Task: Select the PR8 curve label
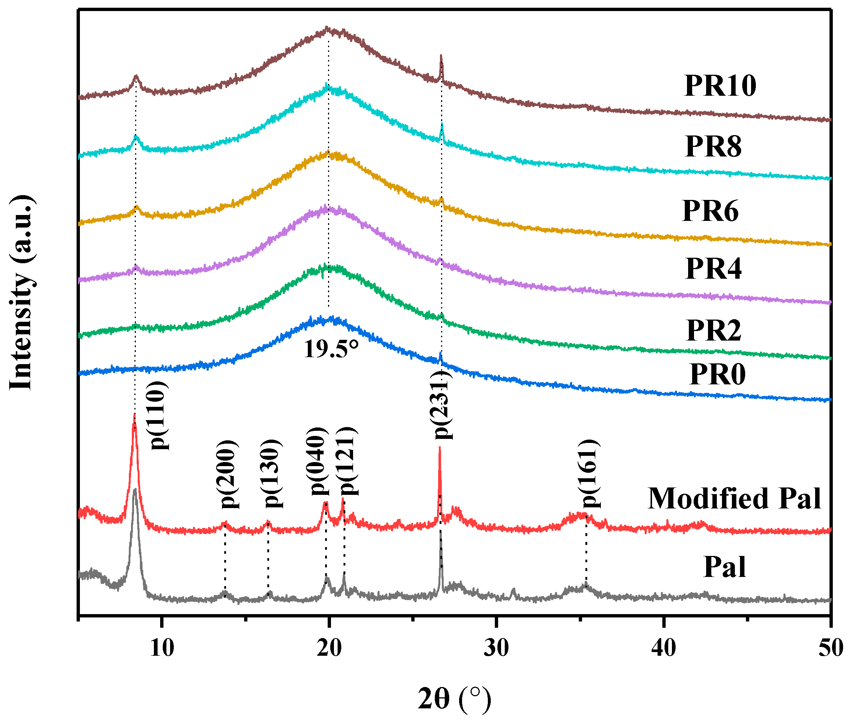[713, 147]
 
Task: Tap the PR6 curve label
[710, 211]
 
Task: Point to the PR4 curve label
[713, 269]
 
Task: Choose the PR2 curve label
[713, 330]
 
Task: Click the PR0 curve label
[717, 374]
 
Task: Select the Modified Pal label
[734, 499]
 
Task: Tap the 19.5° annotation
[331, 349]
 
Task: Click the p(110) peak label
[158, 416]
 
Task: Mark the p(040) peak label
[319, 461]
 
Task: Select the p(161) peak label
[590, 473]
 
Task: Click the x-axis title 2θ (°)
[454, 699]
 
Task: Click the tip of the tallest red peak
[134, 415]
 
